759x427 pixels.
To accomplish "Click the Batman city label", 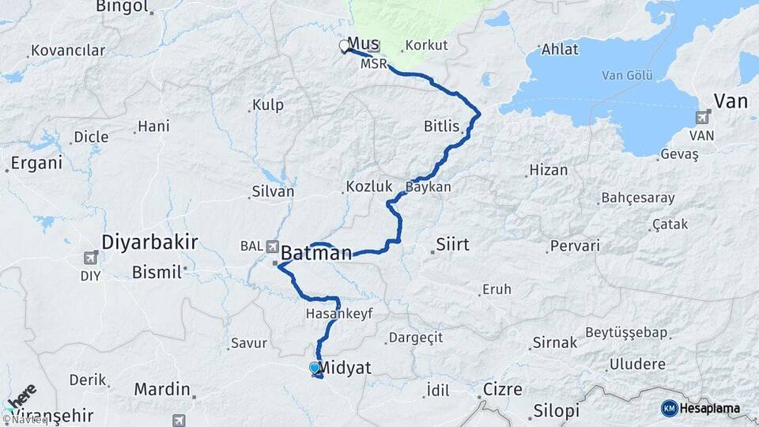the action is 316,254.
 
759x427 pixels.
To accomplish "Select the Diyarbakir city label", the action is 149,242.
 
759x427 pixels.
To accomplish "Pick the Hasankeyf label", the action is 338,314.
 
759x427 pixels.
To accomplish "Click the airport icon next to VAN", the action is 700,119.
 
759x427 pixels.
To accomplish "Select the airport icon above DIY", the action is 91,258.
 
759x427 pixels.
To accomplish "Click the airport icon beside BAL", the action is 273,246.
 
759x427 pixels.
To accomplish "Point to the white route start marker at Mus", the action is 345,46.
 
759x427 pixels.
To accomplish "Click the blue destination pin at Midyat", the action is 314,368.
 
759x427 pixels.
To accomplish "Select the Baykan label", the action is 429,187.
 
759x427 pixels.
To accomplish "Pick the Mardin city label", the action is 162,389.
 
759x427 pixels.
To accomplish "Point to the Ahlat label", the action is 560,49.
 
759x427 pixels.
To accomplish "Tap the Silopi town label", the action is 556,411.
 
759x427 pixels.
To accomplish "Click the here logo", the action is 21,395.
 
